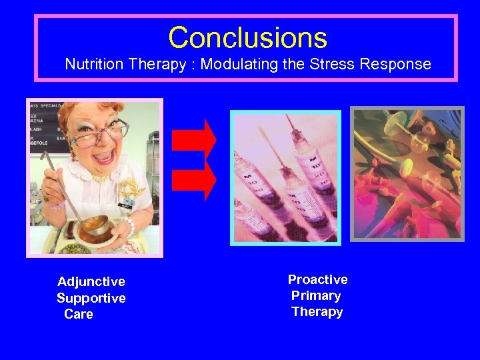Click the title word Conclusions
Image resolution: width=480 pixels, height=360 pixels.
pos(247,38)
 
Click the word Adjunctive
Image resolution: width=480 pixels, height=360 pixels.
pos(91,282)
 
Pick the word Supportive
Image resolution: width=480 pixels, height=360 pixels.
pos(91,298)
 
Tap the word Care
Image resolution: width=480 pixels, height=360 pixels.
pos(79,314)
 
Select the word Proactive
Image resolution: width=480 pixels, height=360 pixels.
pos(317,279)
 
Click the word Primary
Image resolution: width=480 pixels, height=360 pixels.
pos(316,295)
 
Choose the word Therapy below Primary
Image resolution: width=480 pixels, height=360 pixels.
pos(317,311)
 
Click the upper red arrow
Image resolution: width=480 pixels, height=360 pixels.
pos(194,139)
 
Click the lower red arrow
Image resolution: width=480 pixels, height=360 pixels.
pos(194,179)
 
